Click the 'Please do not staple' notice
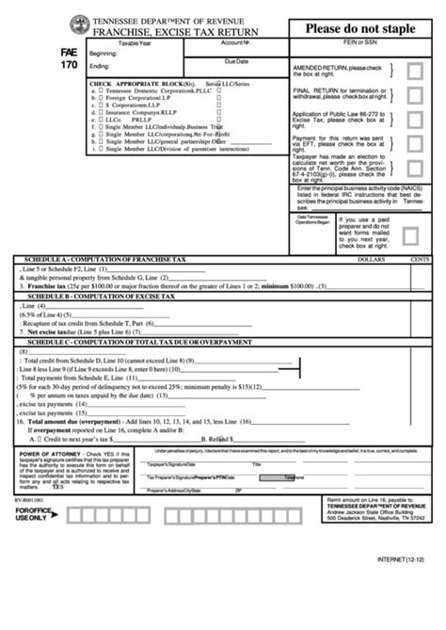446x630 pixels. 365,28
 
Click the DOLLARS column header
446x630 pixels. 373,257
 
